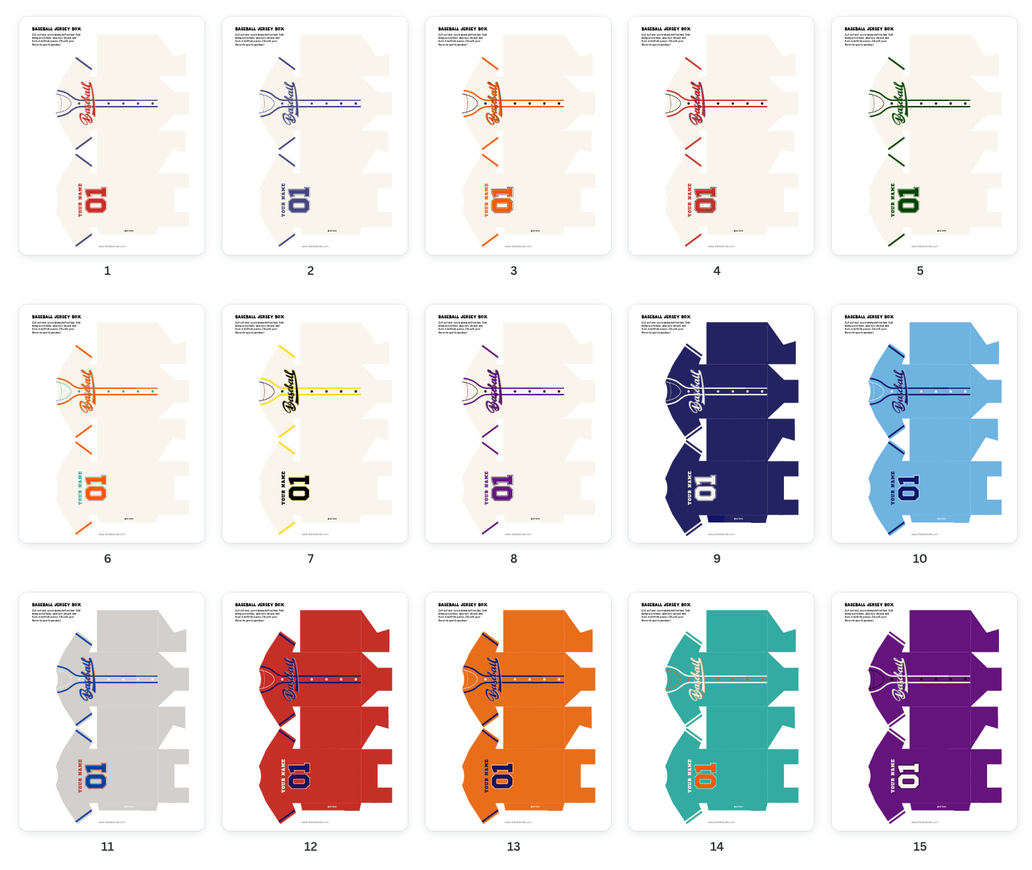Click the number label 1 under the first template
(x=107, y=270)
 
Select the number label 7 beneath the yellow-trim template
(x=310, y=558)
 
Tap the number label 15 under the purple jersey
(x=920, y=846)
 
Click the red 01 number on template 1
(x=96, y=200)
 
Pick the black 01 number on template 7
(x=299, y=488)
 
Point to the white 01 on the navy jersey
(x=705, y=488)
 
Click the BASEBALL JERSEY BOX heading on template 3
(x=462, y=29)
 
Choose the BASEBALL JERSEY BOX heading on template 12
(x=259, y=605)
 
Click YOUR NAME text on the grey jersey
(x=80, y=776)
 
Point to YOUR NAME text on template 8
(x=487, y=488)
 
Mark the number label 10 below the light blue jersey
(x=920, y=558)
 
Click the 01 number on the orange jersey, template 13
(x=502, y=776)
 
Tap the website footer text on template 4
(x=721, y=246)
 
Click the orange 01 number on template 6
(x=96, y=488)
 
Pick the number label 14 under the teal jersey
(x=717, y=846)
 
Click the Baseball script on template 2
(x=290, y=103)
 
